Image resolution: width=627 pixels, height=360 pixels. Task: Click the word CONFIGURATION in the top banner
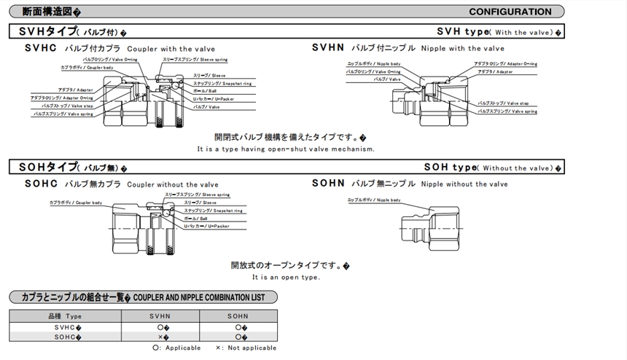(x=510, y=12)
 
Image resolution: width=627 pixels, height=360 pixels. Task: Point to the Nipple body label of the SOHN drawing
(x=375, y=200)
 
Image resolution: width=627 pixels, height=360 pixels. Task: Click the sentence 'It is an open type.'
(x=286, y=277)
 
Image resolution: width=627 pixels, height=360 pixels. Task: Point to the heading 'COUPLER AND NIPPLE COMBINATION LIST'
(x=203, y=297)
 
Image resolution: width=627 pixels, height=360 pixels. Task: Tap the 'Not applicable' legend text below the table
(x=252, y=348)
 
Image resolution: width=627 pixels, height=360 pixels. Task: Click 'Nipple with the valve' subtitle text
(x=463, y=47)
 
